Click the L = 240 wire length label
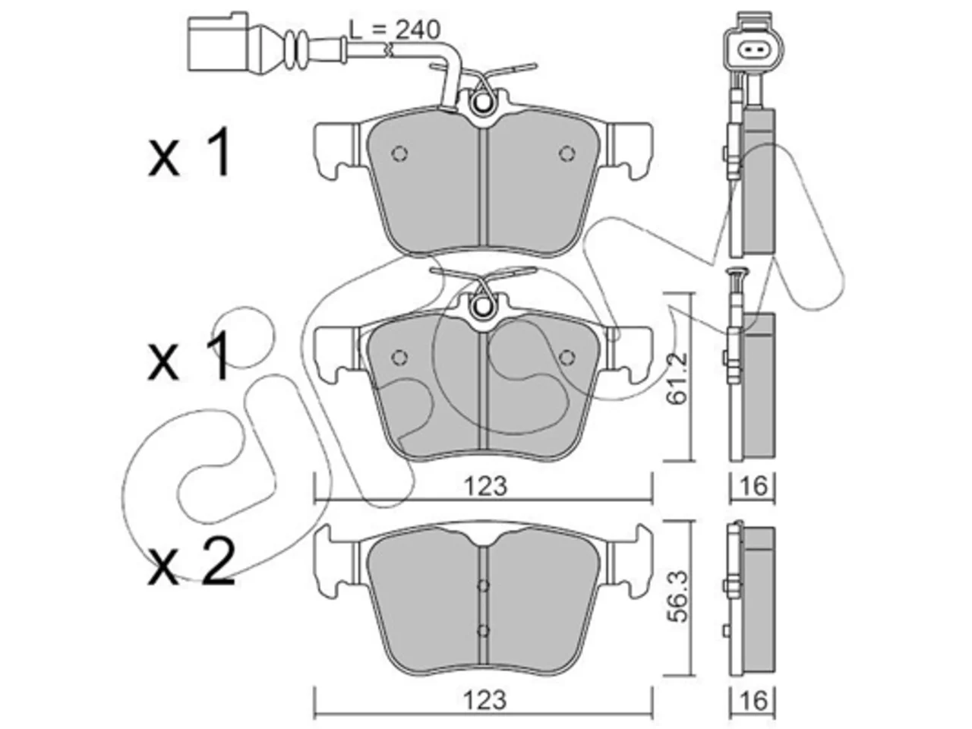click(x=395, y=30)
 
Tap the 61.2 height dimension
click(x=677, y=377)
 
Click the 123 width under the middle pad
click(x=485, y=487)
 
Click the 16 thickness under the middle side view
click(x=753, y=487)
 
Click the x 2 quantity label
click(x=191, y=560)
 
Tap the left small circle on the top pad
click(x=399, y=153)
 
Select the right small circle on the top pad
click(x=566, y=153)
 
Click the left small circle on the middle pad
click(x=399, y=357)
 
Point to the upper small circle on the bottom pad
click(x=483, y=585)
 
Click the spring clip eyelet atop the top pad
click(x=482, y=103)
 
